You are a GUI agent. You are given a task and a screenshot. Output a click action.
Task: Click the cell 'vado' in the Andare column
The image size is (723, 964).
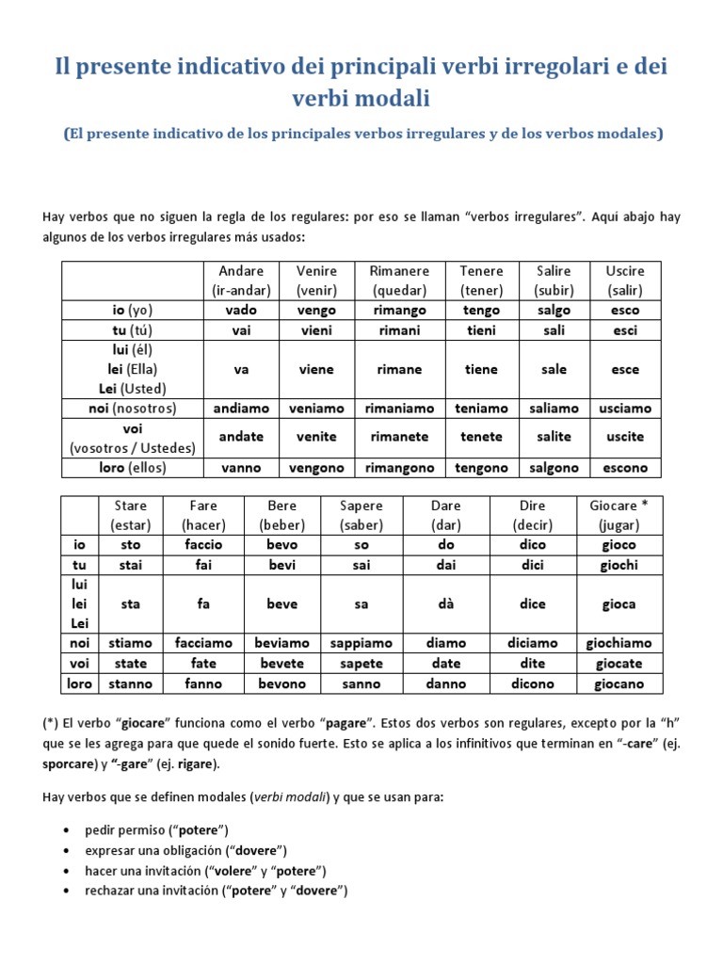(x=241, y=310)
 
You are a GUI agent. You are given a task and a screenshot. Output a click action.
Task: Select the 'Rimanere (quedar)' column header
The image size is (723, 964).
(x=399, y=281)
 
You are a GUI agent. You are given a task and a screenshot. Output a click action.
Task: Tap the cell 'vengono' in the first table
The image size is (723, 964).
(x=316, y=468)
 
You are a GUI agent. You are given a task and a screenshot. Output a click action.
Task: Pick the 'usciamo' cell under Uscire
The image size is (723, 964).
(x=625, y=409)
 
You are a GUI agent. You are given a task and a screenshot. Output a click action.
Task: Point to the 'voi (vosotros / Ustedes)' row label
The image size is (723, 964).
(x=132, y=438)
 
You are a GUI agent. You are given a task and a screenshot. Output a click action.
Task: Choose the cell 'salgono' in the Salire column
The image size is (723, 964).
(x=554, y=468)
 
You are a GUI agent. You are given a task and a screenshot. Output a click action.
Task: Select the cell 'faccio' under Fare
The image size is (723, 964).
(x=204, y=545)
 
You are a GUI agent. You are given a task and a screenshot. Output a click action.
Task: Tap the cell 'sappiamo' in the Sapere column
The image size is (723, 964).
(x=361, y=643)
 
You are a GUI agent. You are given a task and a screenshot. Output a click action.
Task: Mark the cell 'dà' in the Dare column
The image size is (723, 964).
(x=446, y=604)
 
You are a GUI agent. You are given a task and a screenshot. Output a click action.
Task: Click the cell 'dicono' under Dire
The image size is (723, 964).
(x=532, y=684)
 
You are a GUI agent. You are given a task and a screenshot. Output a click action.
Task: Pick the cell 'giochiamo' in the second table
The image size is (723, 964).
(x=619, y=643)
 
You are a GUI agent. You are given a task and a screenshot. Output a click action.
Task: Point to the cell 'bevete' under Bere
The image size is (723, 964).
(x=281, y=664)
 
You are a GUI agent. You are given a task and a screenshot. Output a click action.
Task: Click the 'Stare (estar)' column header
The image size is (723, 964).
(x=131, y=515)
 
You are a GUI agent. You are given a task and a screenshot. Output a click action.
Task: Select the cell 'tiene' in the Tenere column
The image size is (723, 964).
(x=481, y=369)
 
